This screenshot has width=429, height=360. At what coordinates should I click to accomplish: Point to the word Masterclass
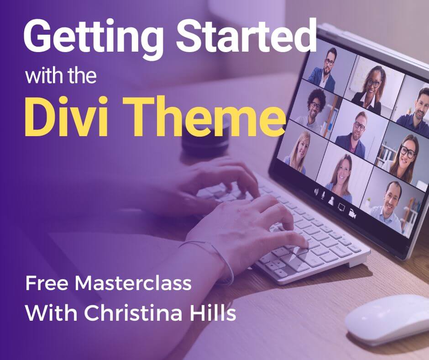click(x=133, y=283)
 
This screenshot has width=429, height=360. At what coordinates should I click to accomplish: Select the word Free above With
click(x=46, y=283)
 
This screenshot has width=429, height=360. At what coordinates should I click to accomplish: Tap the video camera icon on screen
click(x=352, y=214)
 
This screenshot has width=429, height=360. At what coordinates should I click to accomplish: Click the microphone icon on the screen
click(x=323, y=195)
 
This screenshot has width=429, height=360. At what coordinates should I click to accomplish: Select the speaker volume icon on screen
click(x=316, y=192)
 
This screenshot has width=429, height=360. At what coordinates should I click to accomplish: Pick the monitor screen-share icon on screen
click(x=341, y=207)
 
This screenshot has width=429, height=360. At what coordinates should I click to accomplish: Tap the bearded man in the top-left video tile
click(x=325, y=69)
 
